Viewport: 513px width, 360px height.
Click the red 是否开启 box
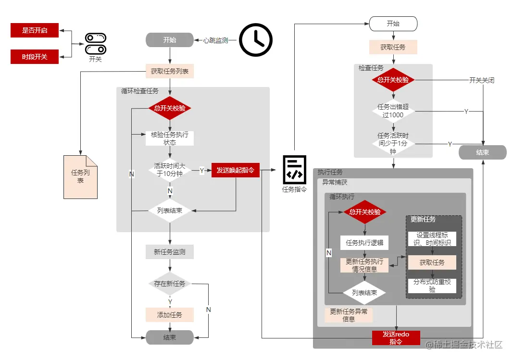(34, 30)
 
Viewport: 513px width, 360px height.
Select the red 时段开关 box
(34, 57)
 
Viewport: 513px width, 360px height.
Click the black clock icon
(256, 39)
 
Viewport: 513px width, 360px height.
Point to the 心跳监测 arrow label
(215, 40)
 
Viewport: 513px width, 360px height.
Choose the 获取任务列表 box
(169, 71)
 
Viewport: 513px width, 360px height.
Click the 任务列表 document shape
(80, 177)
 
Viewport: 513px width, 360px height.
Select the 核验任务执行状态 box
(169, 138)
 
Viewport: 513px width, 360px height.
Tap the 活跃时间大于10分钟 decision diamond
(169, 170)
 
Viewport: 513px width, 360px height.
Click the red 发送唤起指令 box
(236, 170)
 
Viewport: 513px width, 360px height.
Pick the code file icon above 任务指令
(294, 170)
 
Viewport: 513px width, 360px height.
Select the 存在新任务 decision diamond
(169, 284)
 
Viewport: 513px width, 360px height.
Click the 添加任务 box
(169, 315)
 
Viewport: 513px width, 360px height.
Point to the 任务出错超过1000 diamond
(393, 111)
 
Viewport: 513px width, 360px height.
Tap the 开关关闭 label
(482, 80)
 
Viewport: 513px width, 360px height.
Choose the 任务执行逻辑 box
(364, 243)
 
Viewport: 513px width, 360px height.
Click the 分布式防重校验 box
(432, 286)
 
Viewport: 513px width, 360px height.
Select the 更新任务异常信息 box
(349, 315)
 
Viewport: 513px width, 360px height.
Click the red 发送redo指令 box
(396, 338)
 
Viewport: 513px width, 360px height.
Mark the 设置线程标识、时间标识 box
(432, 239)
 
